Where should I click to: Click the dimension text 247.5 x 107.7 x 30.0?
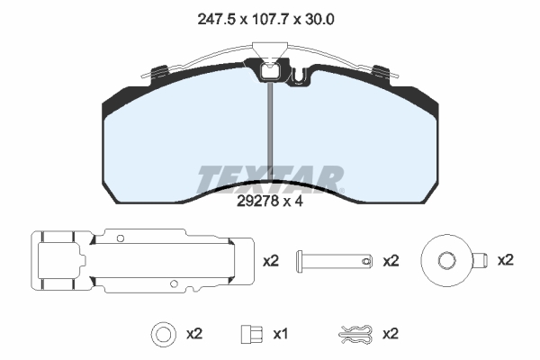point(265,20)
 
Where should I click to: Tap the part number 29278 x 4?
point(270,202)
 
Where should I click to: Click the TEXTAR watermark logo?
point(270,179)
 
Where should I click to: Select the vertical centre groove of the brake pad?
point(270,132)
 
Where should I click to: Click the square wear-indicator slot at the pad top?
point(270,72)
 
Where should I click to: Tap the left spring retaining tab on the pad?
point(159,72)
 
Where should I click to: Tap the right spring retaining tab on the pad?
point(382,72)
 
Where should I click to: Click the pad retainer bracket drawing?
point(142,261)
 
